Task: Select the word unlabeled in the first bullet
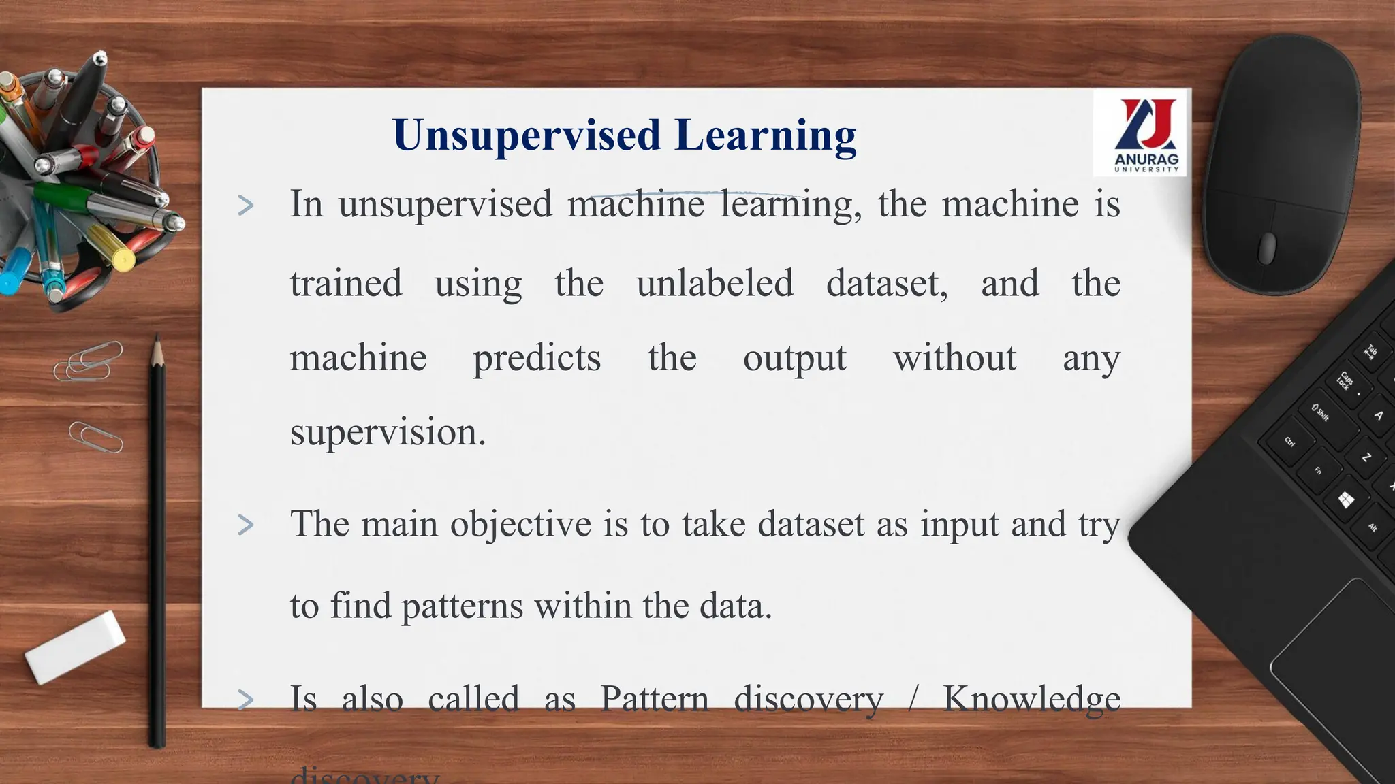pos(715,283)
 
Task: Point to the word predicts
pos(537,359)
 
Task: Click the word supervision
pos(388,433)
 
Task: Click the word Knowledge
pos(1031,700)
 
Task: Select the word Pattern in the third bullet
pos(654,700)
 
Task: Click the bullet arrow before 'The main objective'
pos(246,525)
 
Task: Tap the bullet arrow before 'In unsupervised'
pos(246,205)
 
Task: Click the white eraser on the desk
pos(76,646)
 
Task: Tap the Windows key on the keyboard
pos(1345,501)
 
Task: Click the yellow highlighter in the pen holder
pos(112,248)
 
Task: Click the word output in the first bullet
pos(794,359)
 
